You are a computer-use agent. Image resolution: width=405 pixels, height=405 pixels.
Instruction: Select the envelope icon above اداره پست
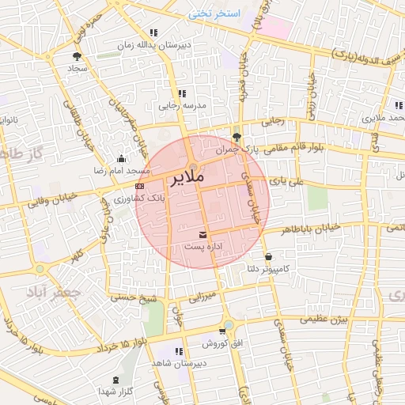pos(203,234)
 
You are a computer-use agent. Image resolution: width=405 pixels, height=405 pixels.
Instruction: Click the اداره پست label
pos(203,247)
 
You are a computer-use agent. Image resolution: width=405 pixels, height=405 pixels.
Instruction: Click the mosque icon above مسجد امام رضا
pos(119,157)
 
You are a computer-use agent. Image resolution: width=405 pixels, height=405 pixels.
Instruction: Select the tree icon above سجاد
pos(77,56)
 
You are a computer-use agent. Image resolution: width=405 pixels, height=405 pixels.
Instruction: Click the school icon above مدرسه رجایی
pos(182,93)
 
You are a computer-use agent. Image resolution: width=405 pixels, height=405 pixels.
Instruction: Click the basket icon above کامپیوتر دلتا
pos(270,257)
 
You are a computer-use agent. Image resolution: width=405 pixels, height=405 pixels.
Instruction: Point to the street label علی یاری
pos(286,181)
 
